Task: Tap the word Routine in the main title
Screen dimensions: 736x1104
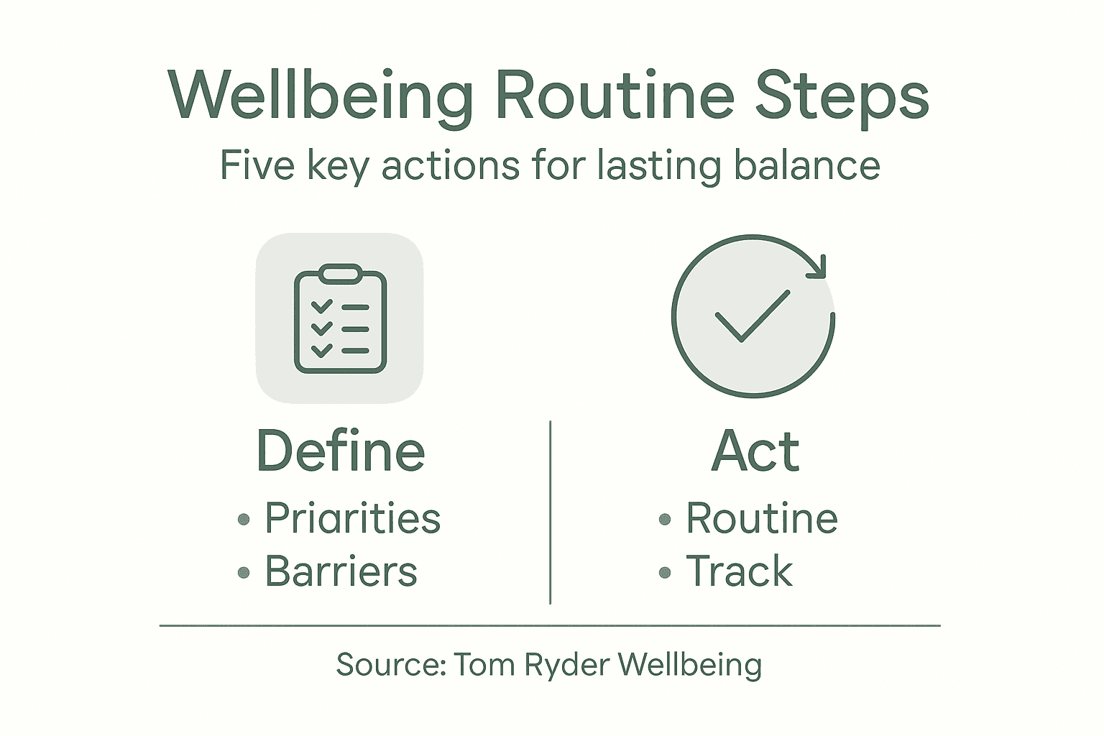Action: (615, 96)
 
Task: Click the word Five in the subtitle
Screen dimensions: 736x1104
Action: (257, 165)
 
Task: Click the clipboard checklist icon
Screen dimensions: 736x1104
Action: (340, 318)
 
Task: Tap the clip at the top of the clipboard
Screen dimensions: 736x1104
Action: (340, 274)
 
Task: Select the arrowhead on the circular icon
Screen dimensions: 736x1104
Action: (816, 267)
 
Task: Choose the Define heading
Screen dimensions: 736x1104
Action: (341, 451)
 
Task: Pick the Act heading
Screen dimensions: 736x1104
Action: (755, 451)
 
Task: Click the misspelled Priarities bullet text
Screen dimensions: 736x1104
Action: (352, 518)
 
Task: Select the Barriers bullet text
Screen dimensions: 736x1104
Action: (341, 571)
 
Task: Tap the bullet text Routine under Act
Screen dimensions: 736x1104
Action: (762, 518)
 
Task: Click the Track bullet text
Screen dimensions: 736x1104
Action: (739, 571)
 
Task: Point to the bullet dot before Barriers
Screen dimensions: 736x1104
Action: (244, 573)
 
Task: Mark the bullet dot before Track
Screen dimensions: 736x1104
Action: (665, 573)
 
